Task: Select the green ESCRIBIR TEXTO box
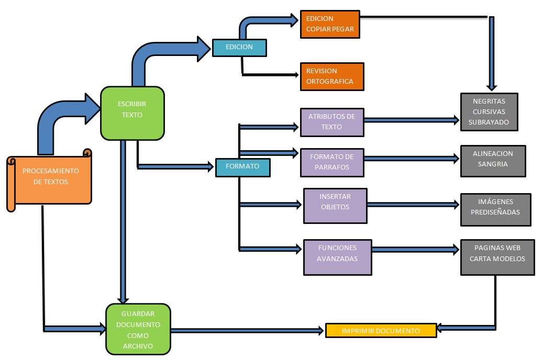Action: tap(132, 113)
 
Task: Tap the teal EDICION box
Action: tap(239, 47)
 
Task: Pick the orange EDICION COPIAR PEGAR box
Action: tap(330, 24)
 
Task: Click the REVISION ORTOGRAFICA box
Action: tap(331, 76)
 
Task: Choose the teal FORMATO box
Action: tap(242, 167)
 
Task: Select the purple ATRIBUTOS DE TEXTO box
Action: tap(332, 122)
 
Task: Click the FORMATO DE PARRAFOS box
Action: tap(332, 162)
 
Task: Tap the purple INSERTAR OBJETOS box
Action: tap(335, 206)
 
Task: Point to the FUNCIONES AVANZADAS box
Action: tap(338, 257)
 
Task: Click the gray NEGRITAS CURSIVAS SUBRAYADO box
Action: tap(489, 111)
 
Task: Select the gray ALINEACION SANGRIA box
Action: tap(493, 161)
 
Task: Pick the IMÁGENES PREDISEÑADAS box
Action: tap(495, 209)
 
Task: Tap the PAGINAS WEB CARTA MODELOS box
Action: tap(497, 257)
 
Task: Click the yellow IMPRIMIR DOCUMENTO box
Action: tap(381, 331)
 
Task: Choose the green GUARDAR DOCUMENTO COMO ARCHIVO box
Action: tap(138, 330)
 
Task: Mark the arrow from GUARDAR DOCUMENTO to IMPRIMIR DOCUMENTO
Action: tap(246, 331)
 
